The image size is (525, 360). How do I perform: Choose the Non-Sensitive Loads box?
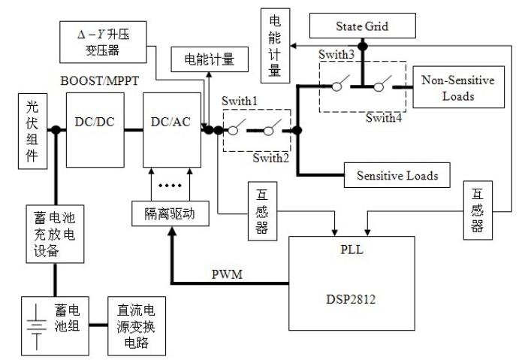pyautogui.click(x=457, y=89)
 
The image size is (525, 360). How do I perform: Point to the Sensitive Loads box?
pyautogui.click(x=391, y=175)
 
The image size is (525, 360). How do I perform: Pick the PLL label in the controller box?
pyautogui.click(x=351, y=249)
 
